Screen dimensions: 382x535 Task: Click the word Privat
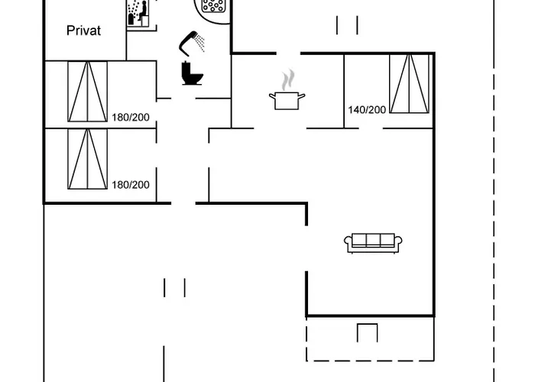pos(84,31)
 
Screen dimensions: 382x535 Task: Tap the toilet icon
pos(192,73)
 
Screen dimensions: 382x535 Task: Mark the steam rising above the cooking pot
pos(287,79)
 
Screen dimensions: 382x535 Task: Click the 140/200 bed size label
pos(367,110)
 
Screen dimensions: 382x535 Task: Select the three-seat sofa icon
pos(374,241)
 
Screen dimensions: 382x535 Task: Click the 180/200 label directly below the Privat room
pos(131,117)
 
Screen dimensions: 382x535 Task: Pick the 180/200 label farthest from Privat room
pos(131,185)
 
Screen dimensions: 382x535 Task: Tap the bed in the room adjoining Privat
pos(87,91)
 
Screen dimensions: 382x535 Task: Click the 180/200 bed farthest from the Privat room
pos(87,158)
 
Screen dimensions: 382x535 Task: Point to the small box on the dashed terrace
pos(368,333)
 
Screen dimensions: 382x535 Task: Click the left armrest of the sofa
pos(349,243)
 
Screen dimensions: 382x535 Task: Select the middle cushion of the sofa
pos(374,240)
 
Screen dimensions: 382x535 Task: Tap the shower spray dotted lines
pos(200,42)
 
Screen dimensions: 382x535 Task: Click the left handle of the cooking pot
pos(271,95)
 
